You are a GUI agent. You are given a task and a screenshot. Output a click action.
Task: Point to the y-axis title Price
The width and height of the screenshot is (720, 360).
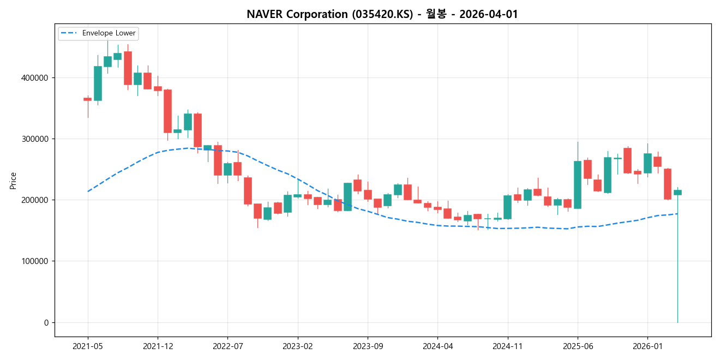click(x=13, y=181)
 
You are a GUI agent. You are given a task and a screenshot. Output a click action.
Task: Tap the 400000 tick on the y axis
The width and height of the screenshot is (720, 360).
click(x=35, y=78)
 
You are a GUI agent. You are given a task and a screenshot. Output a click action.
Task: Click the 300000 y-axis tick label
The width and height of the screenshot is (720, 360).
click(x=35, y=139)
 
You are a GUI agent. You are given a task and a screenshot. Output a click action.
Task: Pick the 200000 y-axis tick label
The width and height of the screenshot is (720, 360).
click(x=35, y=200)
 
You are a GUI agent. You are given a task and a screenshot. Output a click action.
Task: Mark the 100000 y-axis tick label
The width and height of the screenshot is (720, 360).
click(x=35, y=261)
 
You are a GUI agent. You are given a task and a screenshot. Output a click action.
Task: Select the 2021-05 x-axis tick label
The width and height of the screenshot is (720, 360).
click(x=88, y=346)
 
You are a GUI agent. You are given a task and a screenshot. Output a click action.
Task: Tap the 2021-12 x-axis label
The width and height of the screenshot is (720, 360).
click(x=158, y=346)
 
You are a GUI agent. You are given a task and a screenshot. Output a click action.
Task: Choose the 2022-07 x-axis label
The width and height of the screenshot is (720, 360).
click(x=227, y=346)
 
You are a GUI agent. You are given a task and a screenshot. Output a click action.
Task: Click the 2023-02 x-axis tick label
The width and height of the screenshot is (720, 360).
click(x=298, y=346)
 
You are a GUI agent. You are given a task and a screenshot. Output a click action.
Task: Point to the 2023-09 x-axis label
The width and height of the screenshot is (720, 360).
click(x=368, y=346)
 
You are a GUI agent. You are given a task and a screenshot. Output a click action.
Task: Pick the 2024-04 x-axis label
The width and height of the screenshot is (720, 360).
click(x=437, y=346)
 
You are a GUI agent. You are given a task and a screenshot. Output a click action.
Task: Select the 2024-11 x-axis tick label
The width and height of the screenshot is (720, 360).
click(x=508, y=346)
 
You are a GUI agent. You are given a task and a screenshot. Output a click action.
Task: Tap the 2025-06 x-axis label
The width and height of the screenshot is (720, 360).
click(x=578, y=346)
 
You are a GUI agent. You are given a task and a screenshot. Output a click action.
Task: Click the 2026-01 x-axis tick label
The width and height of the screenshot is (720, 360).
click(x=647, y=346)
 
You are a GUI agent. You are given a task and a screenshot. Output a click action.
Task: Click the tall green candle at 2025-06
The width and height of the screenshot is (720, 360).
click(x=578, y=184)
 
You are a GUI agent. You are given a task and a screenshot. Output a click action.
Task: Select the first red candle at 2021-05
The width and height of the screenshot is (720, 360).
click(x=88, y=99)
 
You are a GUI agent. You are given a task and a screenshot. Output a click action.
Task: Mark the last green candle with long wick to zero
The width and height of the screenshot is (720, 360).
click(x=677, y=193)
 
